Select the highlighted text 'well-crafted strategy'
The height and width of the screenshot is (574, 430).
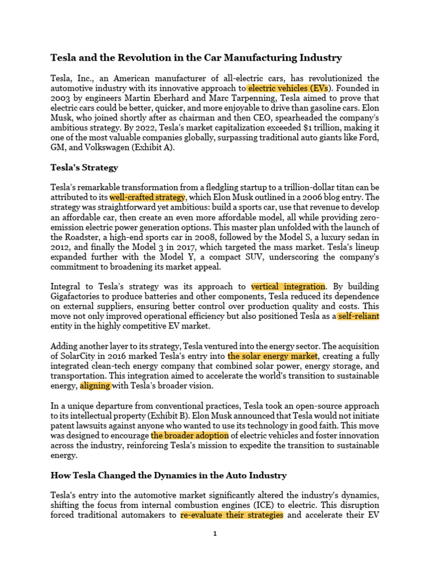click(x=147, y=197)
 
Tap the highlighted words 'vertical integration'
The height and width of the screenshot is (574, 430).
click(x=288, y=286)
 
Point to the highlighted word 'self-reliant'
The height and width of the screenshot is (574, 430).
click(x=358, y=316)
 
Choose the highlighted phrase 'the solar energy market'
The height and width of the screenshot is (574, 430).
click(x=273, y=356)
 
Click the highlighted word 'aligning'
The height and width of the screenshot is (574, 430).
click(x=96, y=386)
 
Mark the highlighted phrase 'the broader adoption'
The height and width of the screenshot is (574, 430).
click(x=190, y=435)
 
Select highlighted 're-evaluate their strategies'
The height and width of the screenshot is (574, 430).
click(x=232, y=515)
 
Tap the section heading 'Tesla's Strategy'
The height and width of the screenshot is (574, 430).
click(x=85, y=168)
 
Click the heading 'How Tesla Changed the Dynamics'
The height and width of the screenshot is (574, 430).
click(x=169, y=475)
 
